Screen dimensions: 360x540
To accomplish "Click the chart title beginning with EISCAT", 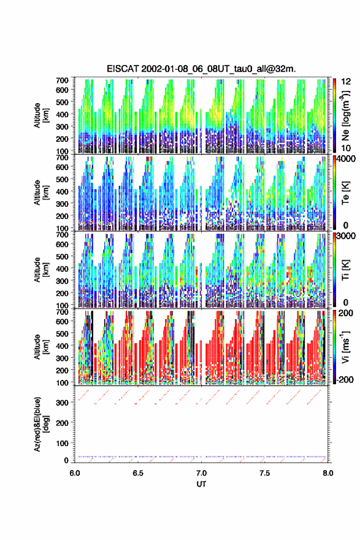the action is click(x=201, y=69).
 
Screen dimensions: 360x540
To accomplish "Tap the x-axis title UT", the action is click(x=201, y=484).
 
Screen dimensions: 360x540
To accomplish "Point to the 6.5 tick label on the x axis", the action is click(x=138, y=473).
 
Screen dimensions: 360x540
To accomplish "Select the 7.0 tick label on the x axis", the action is click(x=201, y=473).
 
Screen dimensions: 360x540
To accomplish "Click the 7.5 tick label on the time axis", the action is click(x=265, y=473).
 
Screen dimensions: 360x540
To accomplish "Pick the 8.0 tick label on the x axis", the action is click(x=328, y=473).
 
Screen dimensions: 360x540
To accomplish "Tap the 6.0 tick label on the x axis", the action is click(x=75, y=473).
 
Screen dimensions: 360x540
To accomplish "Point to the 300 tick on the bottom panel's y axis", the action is click(x=62, y=403).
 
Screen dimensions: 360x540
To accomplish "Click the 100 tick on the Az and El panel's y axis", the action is click(x=62, y=443).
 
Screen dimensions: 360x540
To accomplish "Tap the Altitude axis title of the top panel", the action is click(x=41, y=115).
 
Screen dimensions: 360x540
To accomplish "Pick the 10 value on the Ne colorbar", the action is click(x=346, y=148).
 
